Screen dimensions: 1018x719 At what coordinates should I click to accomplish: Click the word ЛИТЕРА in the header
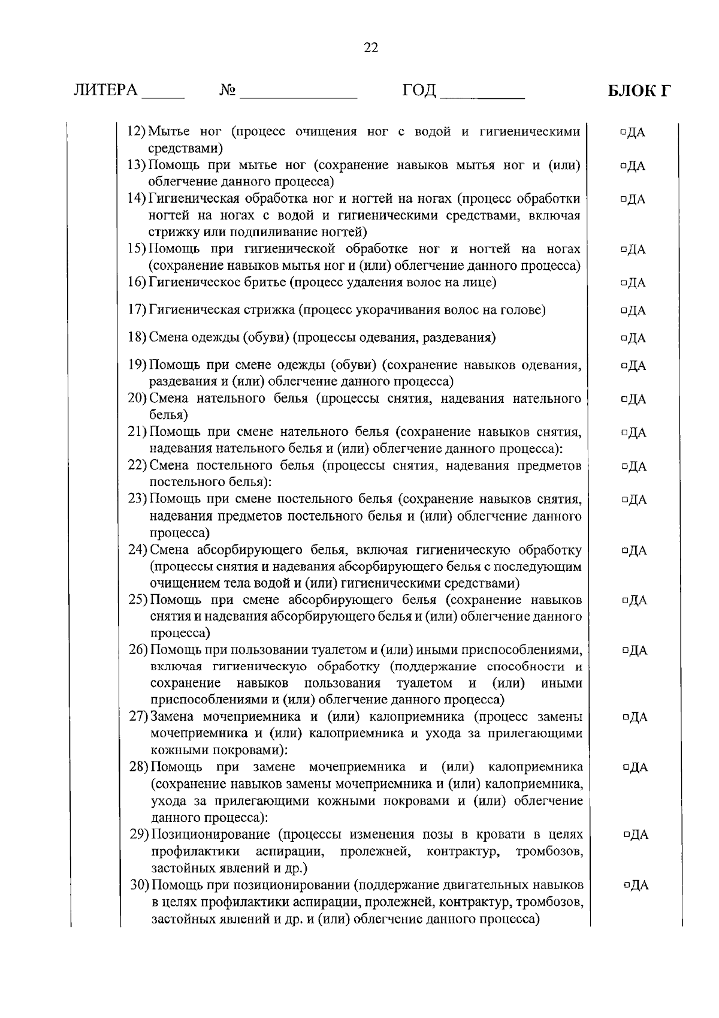click(x=105, y=91)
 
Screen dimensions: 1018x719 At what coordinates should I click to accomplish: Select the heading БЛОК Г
click(x=639, y=91)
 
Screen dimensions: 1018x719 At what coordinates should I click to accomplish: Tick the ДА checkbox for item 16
click(x=624, y=283)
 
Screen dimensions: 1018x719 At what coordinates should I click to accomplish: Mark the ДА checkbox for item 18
click(x=624, y=339)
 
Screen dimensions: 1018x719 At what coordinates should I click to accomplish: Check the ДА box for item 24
click(x=625, y=551)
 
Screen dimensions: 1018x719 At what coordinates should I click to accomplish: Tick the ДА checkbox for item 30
click(x=626, y=886)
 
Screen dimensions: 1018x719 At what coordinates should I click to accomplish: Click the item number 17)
click(x=138, y=311)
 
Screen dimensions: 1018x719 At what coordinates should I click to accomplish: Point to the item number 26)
click(x=139, y=650)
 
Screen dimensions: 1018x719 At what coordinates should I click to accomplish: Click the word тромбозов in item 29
click(x=549, y=851)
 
